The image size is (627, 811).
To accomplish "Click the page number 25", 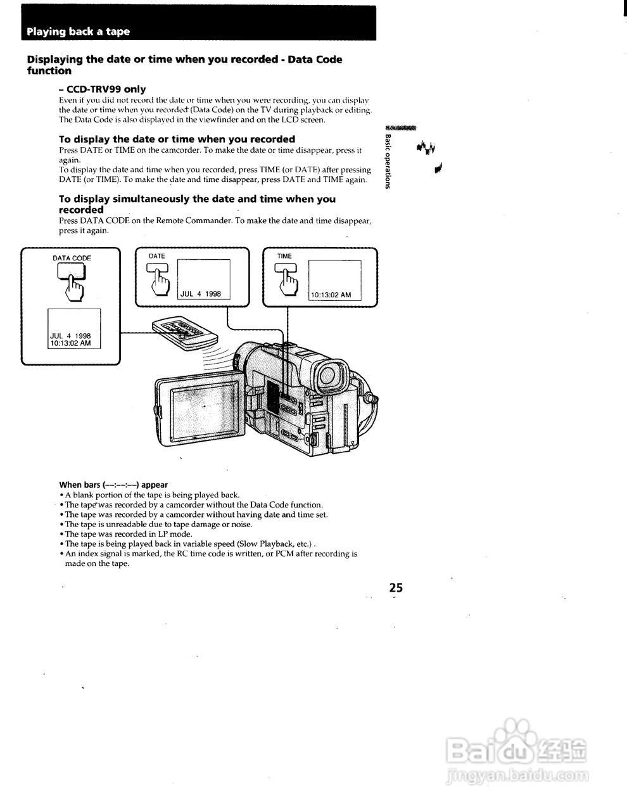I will click(396, 587).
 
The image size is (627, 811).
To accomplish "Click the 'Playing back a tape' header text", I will click(79, 32).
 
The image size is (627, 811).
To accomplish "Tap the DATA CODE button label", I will click(72, 258).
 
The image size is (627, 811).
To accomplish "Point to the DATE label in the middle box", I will click(156, 256).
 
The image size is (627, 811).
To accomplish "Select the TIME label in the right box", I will click(284, 256).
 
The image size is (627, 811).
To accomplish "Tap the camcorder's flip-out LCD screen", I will click(200, 415).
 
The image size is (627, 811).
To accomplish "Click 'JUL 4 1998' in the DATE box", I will click(201, 294).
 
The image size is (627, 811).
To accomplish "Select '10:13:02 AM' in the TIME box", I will click(331, 295).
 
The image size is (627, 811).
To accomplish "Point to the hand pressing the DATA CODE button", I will click(74, 288).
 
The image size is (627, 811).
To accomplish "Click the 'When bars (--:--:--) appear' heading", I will click(113, 485).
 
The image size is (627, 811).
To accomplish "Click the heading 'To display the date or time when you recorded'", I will click(177, 139).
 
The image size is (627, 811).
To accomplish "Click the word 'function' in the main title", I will click(49, 71).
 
